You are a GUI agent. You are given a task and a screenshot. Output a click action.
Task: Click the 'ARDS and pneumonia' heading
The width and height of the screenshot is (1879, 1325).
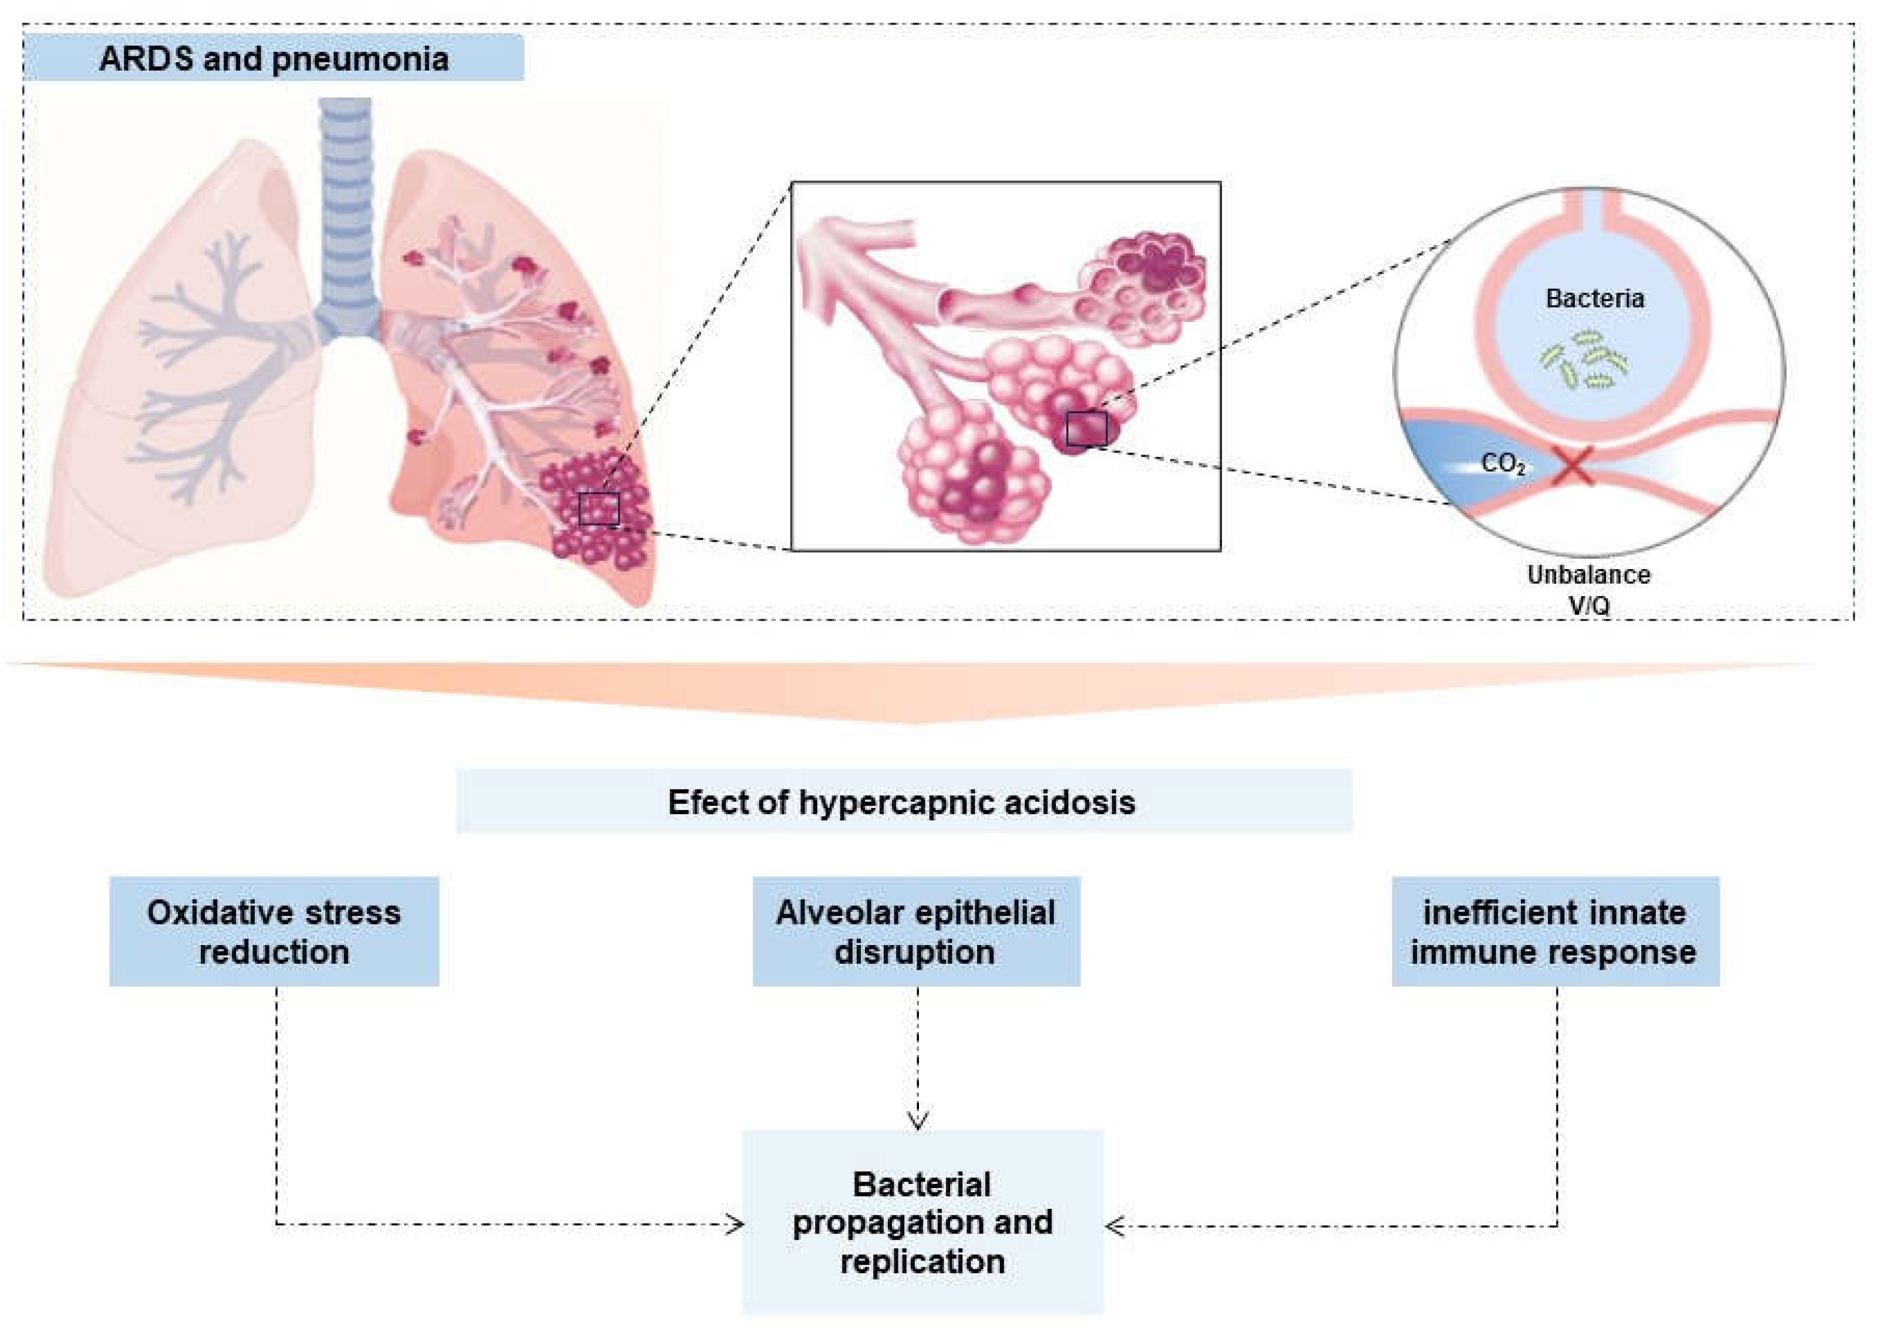(x=274, y=59)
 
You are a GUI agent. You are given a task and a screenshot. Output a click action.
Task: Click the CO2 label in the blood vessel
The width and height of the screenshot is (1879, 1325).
(x=1503, y=464)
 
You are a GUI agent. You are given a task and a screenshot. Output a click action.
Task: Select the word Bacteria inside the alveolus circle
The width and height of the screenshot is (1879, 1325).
(x=1594, y=298)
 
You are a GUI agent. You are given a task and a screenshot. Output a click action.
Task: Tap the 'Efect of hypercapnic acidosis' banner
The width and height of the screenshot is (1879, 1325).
(x=902, y=802)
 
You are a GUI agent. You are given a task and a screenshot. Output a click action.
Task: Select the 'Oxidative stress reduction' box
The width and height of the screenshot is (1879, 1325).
(x=274, y=931)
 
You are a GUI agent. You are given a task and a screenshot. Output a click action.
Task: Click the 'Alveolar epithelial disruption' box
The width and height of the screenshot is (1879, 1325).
(x=916, y=931)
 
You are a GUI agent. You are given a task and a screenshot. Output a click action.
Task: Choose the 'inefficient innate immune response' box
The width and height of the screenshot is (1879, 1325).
(x=1554, y=931)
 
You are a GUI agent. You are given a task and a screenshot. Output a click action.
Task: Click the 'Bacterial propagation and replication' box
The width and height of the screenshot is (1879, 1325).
(x=922, y=1223)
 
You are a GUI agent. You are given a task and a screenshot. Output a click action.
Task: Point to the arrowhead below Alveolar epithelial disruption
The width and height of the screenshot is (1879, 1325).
(x=917, y=1119)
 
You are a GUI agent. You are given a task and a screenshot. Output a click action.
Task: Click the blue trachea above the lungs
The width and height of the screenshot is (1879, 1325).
(x=345, y=213)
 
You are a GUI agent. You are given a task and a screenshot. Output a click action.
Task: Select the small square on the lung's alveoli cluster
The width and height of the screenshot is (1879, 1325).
(x=599, y=509)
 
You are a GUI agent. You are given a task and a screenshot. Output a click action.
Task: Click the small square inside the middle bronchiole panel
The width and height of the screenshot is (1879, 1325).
(x=1086, y=429)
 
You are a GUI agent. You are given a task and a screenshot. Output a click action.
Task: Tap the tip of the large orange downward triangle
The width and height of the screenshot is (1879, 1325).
(x=917, y=720)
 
